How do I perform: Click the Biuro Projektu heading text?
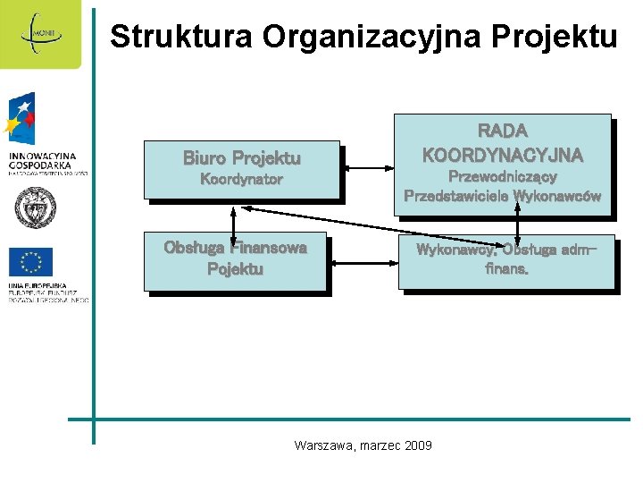(x=241, y=158)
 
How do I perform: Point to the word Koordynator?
(x=241, y=180)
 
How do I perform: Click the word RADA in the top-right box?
(x=503, y=131)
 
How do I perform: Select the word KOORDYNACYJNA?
(x=503, y=155)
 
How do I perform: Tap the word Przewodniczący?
(x=503, y=177)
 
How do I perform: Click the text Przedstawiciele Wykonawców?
(x=503, y=196)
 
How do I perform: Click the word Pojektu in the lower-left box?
(x=236, y=269)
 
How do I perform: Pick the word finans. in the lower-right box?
(x=506, y=267)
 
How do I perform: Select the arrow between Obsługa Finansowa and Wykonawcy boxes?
(x=363, y=262)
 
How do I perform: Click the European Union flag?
(x=31, y=262)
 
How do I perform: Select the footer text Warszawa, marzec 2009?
(x=363, y=445)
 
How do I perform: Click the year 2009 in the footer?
(x=418, y=445)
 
